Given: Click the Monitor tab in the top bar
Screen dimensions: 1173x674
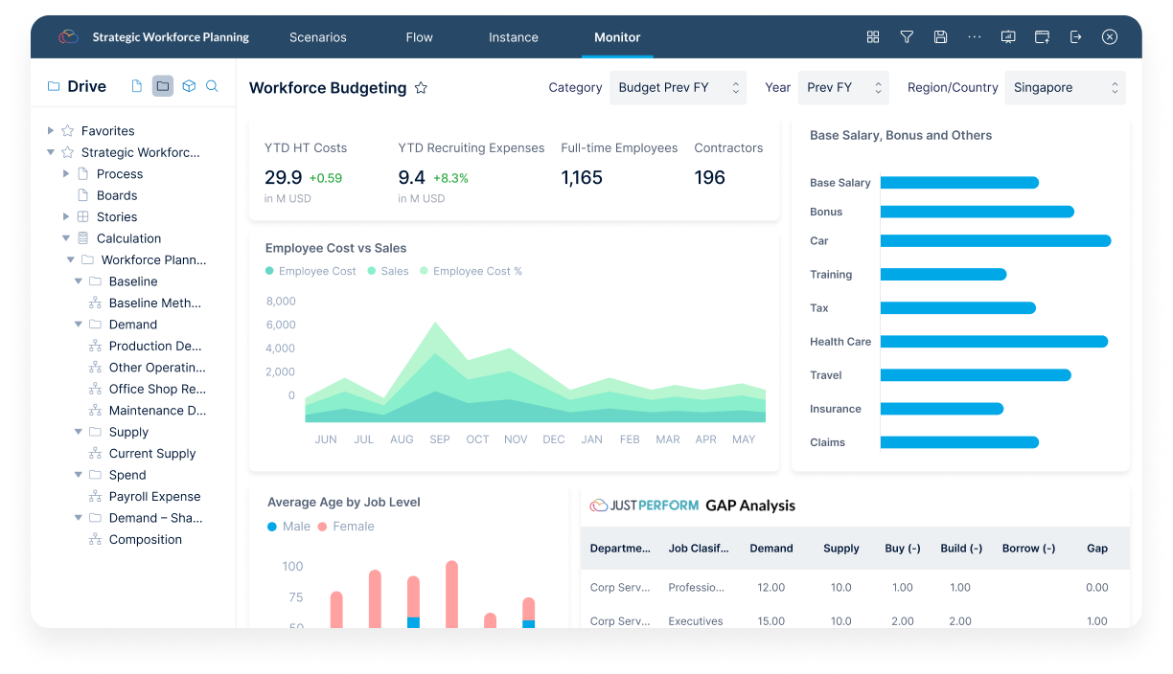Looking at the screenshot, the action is click(x=617, y=37).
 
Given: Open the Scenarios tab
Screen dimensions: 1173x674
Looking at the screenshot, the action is click(x=318, y=37).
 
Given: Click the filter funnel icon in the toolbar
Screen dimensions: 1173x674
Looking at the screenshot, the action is click(x=907, y=36).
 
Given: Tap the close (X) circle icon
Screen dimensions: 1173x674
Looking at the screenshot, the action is click(x=1109, y=36).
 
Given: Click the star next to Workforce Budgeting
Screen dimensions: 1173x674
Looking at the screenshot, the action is click(x=421, y=87).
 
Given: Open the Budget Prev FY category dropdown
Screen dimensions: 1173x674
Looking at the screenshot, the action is click(x=678, y=87).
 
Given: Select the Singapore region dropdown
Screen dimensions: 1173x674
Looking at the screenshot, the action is click(x=1065, y=87).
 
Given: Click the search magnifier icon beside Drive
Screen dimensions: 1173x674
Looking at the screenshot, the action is click(x=212, y=86).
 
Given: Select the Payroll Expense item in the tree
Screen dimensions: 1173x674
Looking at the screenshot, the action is click(x=154, y=496).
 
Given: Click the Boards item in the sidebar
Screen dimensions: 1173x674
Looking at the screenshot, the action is click(x=117, y=195).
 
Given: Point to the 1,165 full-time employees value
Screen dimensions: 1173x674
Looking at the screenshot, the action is click(x=582, y=177).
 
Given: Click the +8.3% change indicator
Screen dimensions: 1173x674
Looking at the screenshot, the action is click(x=450, y=178).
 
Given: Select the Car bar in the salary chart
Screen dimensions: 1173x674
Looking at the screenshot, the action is click(x=996, y=240).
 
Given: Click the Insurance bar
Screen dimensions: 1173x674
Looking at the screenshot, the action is click(x=941, y=409).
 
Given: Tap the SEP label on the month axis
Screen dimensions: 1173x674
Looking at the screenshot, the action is click(x=439, y=439).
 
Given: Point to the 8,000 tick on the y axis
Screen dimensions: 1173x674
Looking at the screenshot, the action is click(x=281, y=301).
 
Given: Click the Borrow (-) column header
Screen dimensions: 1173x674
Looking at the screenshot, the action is click(x=1028, y=548).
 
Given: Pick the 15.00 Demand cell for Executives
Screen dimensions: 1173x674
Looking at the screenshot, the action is click(x=770, y=620).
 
